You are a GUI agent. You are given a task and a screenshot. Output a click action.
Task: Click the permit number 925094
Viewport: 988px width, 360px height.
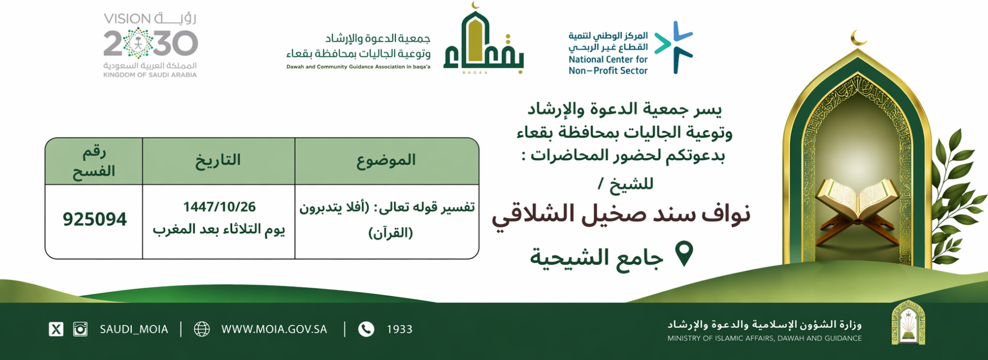coord(95,220)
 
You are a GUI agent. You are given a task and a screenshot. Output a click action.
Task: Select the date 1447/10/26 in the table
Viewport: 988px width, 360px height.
coord(219,207)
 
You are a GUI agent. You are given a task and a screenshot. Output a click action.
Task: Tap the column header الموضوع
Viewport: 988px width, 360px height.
coord(386,160)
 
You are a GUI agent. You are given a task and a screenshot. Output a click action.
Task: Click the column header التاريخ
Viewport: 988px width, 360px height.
coord(218,160)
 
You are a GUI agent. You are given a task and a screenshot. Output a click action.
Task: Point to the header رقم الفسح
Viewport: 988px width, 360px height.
coord(94,161)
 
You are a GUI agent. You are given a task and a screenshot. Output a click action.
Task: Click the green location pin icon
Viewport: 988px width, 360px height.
coord(684,253)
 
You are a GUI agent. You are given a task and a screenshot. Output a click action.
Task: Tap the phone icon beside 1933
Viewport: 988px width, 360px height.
coord(366,329)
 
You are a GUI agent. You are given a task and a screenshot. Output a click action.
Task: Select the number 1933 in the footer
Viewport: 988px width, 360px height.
coord(399,329)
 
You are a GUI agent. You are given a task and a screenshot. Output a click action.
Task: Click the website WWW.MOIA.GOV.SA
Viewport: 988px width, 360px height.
coord(274,329)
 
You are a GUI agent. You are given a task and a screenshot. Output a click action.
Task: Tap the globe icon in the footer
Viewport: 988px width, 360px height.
coord(202,329)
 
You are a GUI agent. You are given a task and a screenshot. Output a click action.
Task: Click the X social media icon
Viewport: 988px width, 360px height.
coord(56,329)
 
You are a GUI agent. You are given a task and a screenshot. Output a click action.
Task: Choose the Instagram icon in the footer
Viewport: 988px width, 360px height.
coord(80,329)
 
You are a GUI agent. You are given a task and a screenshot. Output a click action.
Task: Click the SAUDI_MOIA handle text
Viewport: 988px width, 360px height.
coord(134,329)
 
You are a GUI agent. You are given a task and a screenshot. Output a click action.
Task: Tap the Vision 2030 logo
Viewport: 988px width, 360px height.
coord(151,44)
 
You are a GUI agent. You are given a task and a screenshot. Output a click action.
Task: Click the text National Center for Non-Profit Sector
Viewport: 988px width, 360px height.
coord(608,65)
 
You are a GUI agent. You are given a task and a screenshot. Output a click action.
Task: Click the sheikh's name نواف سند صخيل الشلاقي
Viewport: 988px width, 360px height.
coord(621,215)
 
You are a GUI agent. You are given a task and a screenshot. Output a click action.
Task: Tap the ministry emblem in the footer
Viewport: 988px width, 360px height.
coord(908,322)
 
